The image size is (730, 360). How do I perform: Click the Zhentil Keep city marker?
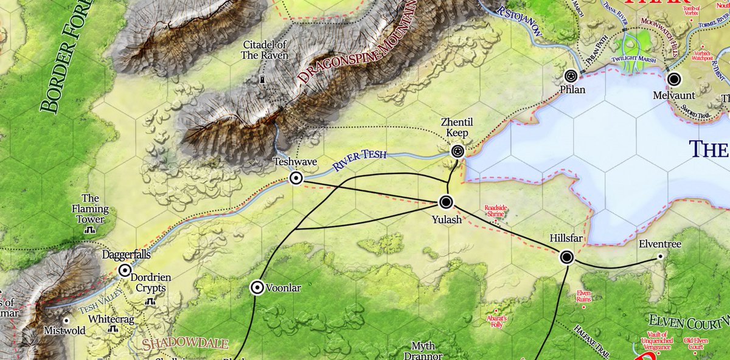point(457,151)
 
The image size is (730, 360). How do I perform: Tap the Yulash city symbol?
point(446,202)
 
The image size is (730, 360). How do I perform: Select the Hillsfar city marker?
point(567,257)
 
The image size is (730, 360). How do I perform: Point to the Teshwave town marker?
point(296,178)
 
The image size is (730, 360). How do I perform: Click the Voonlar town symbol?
point(257,288)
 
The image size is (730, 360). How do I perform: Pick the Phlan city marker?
point(571,76)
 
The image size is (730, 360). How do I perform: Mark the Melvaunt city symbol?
point(673,79)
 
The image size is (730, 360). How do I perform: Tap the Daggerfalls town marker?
point(125,271)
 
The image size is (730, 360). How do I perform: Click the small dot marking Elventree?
point(661,257)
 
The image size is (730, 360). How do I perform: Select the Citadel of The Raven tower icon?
point(263,80)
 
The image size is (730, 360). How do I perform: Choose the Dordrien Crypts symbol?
point(150,301)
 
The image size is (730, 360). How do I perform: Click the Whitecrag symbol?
point(113,329)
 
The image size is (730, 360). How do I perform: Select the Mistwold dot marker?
point(67,320)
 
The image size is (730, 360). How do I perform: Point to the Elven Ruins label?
point(583,296)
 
